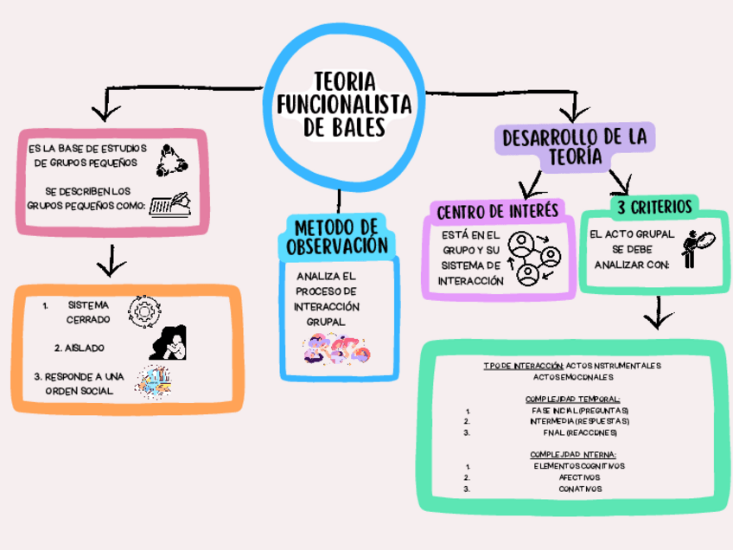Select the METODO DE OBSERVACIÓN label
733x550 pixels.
coord(337,236)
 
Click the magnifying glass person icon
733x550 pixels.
coord(697,249)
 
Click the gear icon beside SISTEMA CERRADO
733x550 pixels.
coord(144,310)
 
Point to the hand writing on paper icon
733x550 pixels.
coord(172,205)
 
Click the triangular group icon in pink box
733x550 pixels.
coord(171,160)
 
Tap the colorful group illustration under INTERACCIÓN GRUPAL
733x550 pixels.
coord(336,350)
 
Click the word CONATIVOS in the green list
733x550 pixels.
coord(580,489)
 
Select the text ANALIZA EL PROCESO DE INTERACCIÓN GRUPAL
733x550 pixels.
coord(326,298)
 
